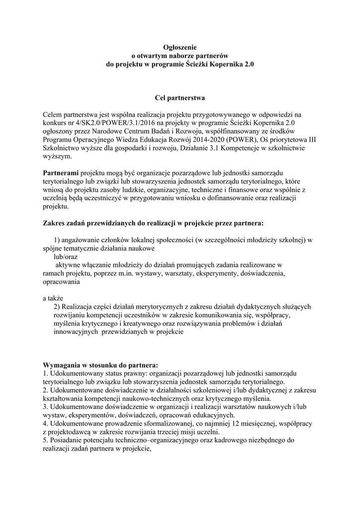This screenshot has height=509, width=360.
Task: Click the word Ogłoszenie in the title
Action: (x=180, y=47)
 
